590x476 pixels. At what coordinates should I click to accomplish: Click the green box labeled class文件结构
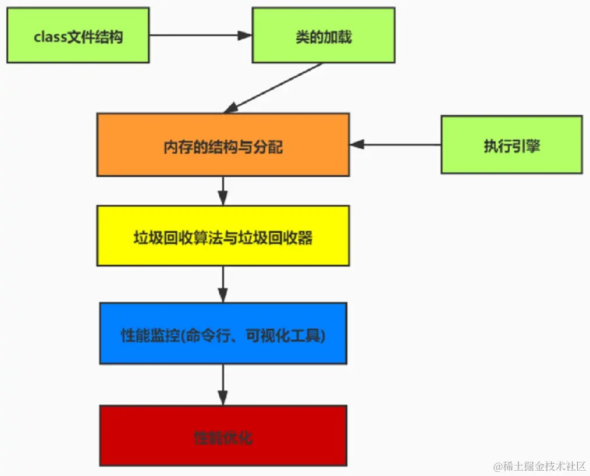click(78, 35)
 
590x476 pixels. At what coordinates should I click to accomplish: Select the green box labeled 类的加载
click(323, 35)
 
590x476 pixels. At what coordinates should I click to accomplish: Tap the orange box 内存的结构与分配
click(223, 145)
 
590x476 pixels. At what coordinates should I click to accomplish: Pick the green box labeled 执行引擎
click(511, 144)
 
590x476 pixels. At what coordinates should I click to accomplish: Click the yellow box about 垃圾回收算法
click(223, 236)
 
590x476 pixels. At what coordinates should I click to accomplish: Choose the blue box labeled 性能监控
click(223, 333)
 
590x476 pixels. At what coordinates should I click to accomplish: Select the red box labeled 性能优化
click(223, 435)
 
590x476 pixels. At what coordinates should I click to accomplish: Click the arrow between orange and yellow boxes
click(223, 190)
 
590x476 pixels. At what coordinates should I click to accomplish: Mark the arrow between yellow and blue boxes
click(223, 284)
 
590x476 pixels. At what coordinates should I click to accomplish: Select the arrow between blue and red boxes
click(223, 384)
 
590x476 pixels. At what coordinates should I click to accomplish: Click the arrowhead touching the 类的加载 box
click(246, 35)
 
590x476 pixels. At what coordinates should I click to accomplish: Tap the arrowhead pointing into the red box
click(223, 398)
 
